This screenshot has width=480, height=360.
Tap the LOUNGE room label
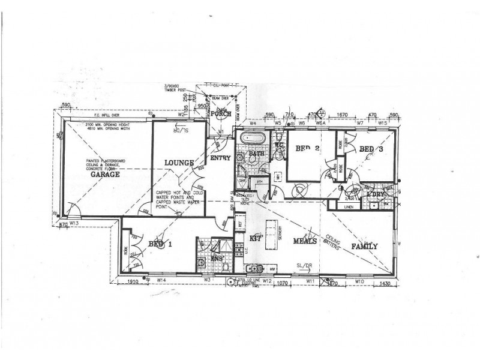(179, 163)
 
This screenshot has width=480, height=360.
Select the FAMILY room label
(364, 246)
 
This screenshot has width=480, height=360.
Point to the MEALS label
(304, 241)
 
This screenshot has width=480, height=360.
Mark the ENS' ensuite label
(219, 259)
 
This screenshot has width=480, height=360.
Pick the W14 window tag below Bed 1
(161, 280)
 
